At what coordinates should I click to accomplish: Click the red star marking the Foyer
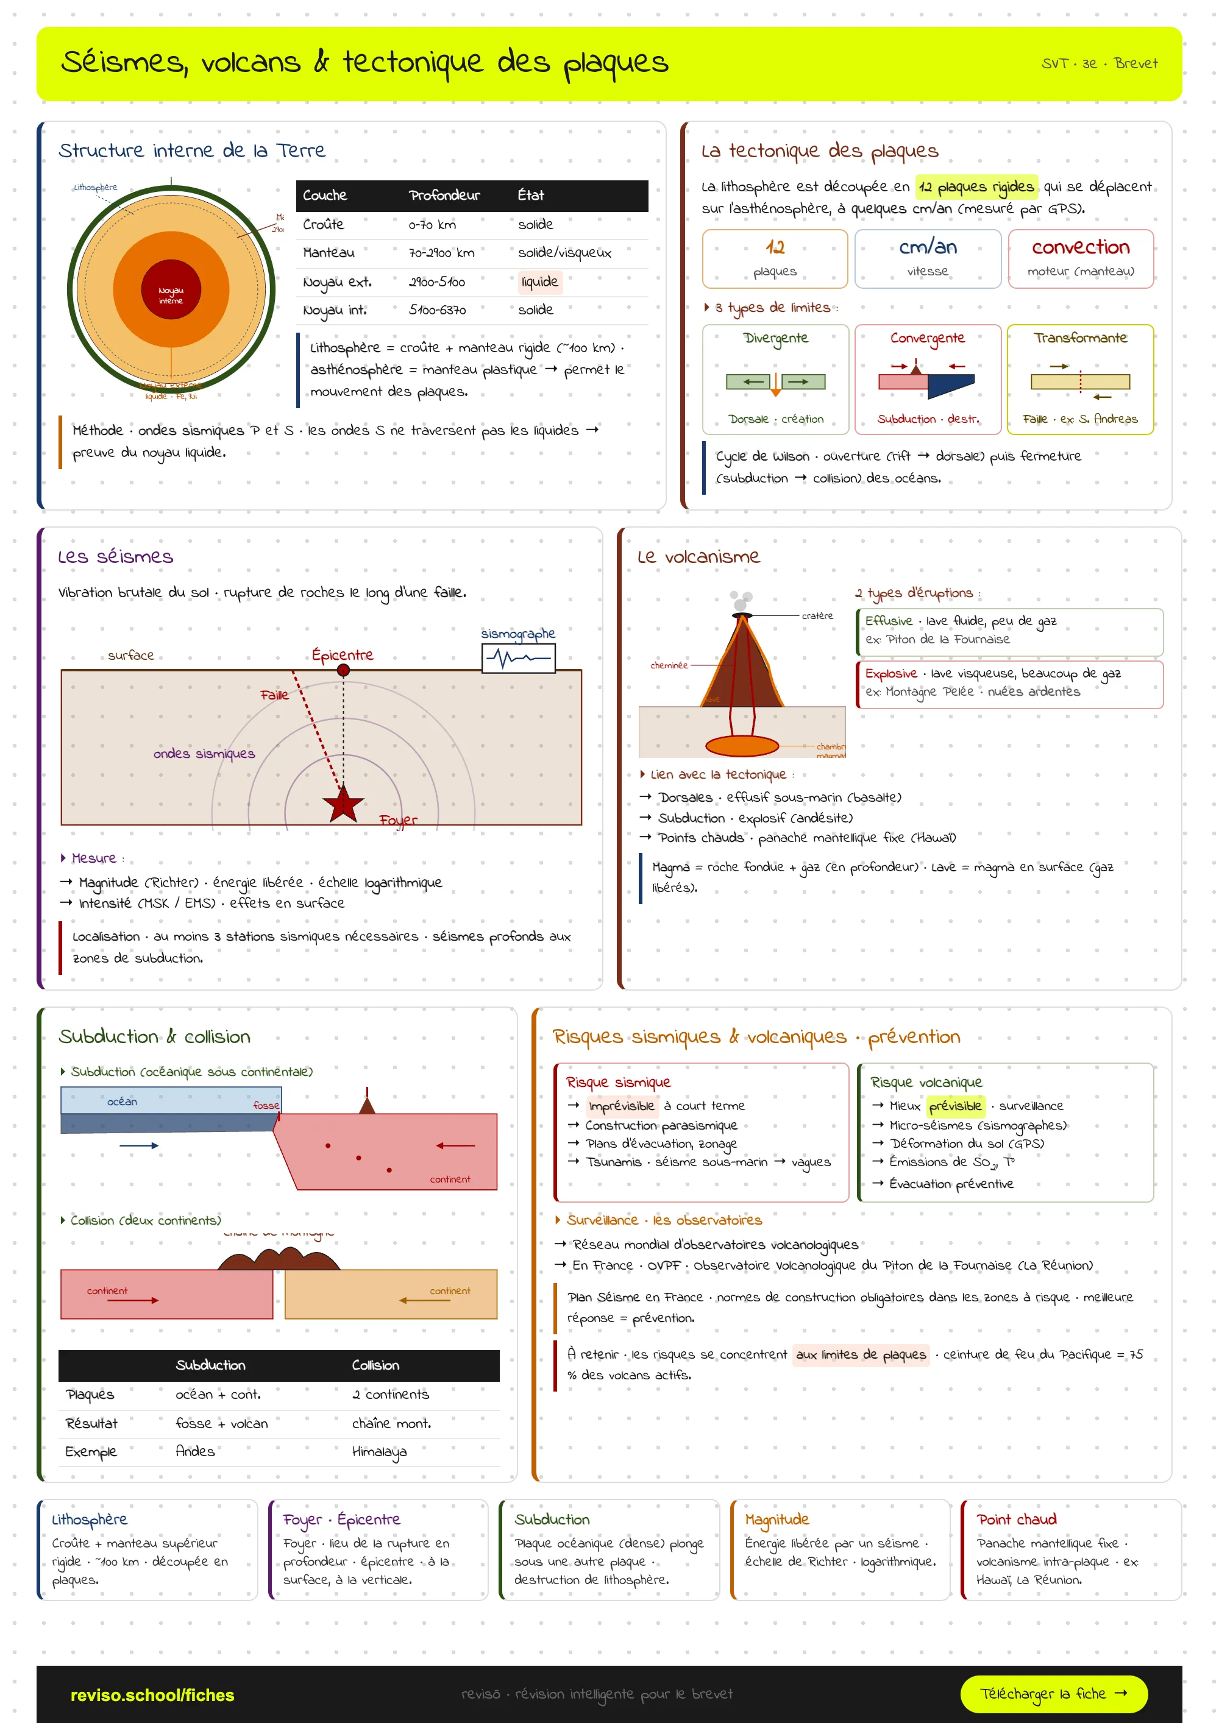[343, 804]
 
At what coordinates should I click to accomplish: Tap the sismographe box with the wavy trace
[518, 658]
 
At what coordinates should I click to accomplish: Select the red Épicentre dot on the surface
[343, 670]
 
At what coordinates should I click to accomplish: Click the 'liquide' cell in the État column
[539, 282]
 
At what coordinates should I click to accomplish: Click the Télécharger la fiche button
[1053, 1694]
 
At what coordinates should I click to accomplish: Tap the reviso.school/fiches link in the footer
[152, 1695]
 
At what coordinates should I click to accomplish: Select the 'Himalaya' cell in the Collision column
[379, 1451]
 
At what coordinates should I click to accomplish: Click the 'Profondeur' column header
[444, 195]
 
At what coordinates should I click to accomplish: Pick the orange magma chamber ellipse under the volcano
[742, 745]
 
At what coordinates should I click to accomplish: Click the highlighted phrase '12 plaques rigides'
[976, 187]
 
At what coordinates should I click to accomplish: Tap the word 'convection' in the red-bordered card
[1080, 247]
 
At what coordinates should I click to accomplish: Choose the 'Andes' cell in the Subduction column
[195, 1451]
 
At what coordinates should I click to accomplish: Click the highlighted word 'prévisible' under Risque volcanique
[955, 1106]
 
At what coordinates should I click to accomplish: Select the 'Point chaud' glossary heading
[1016, 1520]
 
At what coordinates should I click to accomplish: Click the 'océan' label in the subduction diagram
[123, 1102]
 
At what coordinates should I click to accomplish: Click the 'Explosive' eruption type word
[890, 674]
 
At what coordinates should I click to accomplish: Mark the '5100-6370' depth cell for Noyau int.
[437, 310]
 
